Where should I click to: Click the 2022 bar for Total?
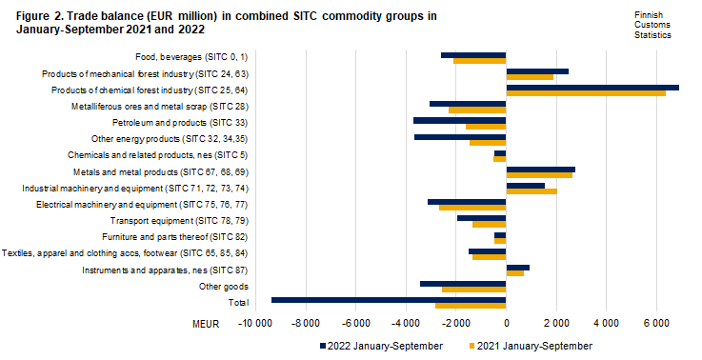(x=389, y=299)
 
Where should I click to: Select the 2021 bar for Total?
(x=471, y=306)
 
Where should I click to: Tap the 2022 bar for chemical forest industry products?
(x=592, y=88)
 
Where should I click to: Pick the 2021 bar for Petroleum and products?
(x=486, y=127)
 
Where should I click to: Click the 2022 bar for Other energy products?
(x=460, y=136)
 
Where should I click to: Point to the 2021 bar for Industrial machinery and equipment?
(x=532, y=191)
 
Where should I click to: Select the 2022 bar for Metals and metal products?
(x=540, y=169)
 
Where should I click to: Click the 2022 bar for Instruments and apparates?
(x=517, y=267)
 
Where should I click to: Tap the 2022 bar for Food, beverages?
(x=473, y=55)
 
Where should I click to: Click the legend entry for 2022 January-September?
(x=381, y=345)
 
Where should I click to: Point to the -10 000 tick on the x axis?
(x=254, y=324)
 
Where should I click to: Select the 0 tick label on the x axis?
(x=506, y=324)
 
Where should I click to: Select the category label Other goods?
(x=223, y=286)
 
